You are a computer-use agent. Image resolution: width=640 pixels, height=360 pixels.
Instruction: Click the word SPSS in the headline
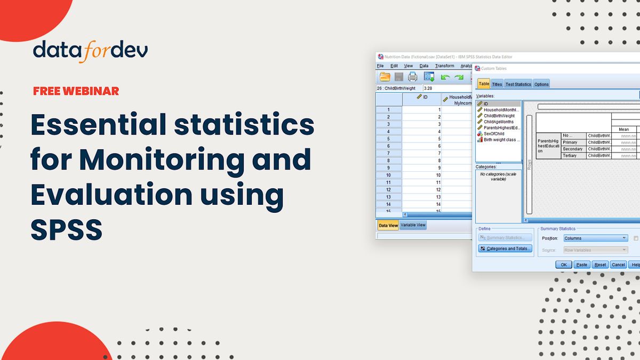pyautogui.click(x=66, y=229)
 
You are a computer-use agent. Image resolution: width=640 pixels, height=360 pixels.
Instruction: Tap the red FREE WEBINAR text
pyautogui.click(x=76, y=91)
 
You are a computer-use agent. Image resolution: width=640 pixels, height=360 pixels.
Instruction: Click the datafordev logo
pyautogui.click(x=90, y=51)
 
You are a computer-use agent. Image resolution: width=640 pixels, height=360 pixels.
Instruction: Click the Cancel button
pyautogui.click(x=618, y=265)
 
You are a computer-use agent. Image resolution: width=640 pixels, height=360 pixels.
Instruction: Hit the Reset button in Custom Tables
pyautogui.click(x=600, y=265)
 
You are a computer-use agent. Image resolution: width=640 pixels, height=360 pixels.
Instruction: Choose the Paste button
pyautogui.click(x=581, y=265)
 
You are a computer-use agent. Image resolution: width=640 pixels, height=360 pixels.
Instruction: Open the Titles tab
pyautogui.click(x=497, y=84)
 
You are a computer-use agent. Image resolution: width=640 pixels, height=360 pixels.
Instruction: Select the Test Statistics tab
pyautogui.click(x=518, y=84)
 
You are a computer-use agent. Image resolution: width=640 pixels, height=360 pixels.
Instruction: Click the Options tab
pyautogui.click(x=541, y=84)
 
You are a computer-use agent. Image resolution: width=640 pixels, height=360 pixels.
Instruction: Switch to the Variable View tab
pyautogui.click(x=413, y=225)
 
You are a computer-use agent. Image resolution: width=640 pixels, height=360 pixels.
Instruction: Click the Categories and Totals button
pyautogui.click(x=505, y=249)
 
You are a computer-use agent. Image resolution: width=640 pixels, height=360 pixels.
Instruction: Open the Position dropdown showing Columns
pyautogui.click(x=595, y=238)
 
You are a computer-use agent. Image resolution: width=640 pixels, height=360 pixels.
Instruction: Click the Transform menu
pyautogui.click(x=444, y=66)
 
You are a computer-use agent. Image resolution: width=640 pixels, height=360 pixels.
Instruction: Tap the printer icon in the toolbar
pyautogui.click(x=413, y=77)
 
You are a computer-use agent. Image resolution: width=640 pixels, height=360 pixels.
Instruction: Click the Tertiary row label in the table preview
pyautogui.click(x=570, y=156)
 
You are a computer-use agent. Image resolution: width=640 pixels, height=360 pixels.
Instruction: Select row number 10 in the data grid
pyautogui.click(x=388, y=175)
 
